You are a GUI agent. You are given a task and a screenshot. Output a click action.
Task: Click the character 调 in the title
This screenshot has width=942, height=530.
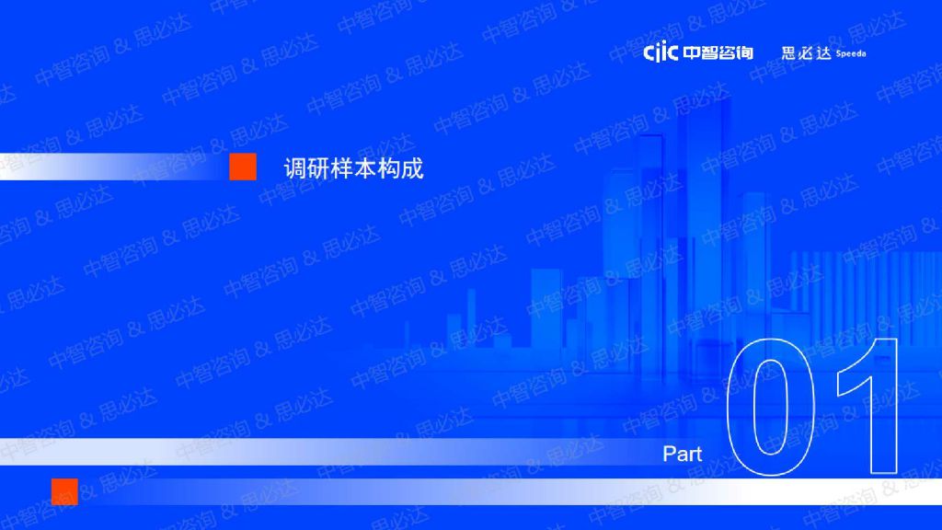click(x=295, y=168)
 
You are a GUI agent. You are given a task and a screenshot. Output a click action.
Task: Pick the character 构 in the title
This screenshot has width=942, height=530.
click(x=389, y=168)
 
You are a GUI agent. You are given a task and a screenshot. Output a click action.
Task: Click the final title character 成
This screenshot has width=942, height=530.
click(x=413, y=168)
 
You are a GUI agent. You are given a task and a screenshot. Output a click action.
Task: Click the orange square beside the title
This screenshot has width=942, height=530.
click(x=243, y=167)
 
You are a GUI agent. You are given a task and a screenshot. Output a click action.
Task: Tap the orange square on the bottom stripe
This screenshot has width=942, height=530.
click(x=65, y=491)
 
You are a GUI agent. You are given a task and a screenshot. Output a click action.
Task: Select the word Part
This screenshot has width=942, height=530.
click(x=682, y=454)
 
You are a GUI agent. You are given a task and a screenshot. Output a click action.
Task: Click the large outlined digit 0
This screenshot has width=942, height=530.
click(x=730, y=409)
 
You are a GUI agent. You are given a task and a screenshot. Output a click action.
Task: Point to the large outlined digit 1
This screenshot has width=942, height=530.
click(x=884, y=409)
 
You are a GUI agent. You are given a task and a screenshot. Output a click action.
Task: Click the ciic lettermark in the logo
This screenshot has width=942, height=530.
click(x=661, y=52)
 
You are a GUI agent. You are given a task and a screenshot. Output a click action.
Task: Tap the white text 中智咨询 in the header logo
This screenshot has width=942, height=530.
click(x=718, y=52)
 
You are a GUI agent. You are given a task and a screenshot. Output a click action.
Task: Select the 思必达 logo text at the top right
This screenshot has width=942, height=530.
click(x=806, y=52)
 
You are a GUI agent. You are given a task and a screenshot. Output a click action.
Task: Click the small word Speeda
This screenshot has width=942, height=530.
click(x=851, y=53)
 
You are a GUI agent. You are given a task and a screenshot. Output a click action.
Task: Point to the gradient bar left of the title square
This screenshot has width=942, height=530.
click(x=114, y=167)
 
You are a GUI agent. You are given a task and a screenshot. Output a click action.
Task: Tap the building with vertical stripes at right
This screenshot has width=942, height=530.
click(x=865, y=282)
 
